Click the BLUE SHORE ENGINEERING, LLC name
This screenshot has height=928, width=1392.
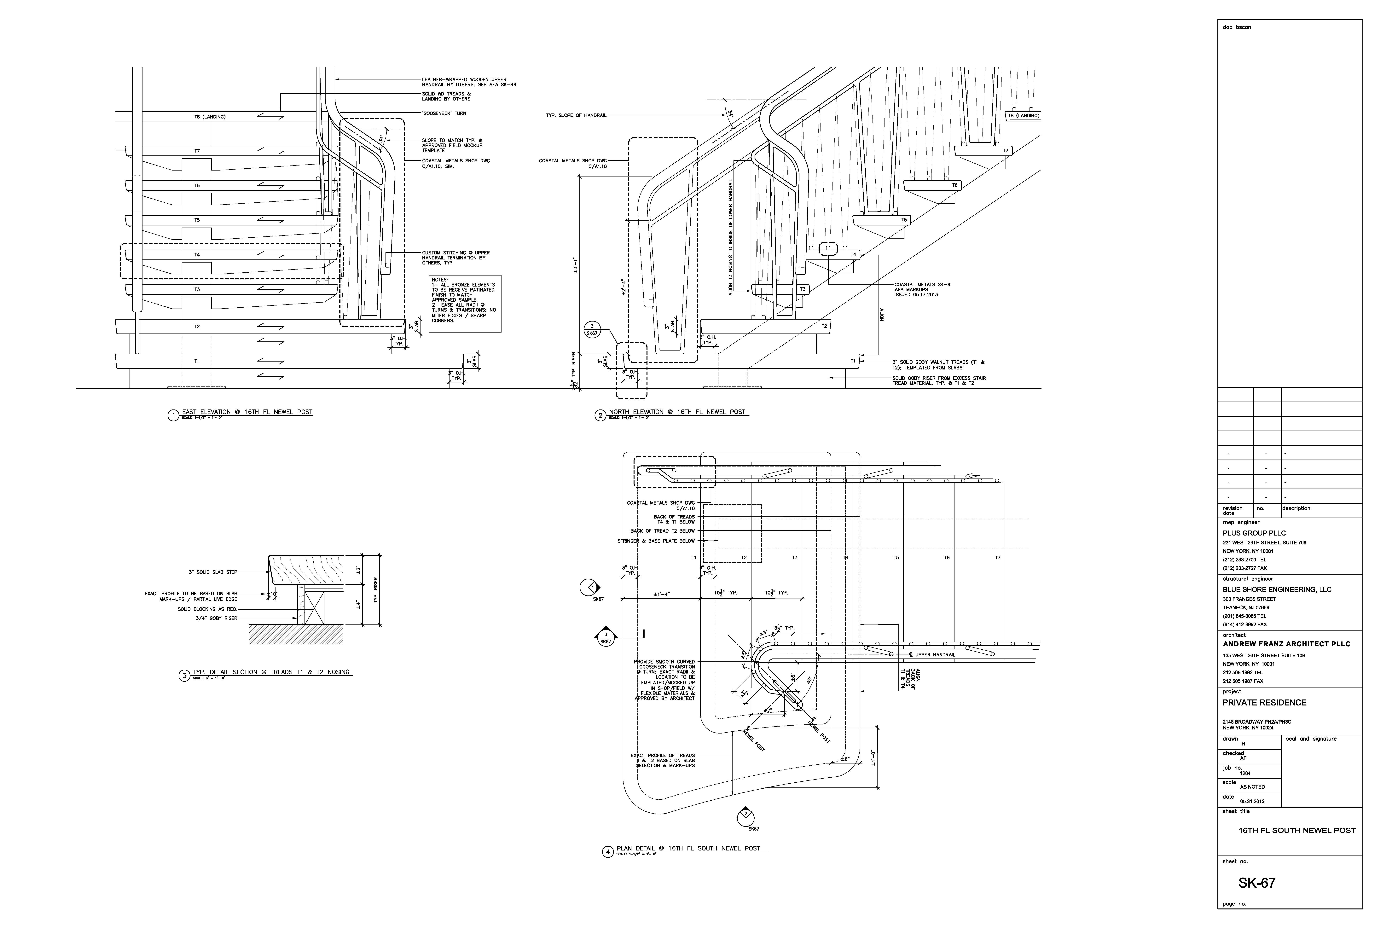coord(1277,589)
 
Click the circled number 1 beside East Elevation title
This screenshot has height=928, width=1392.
coord(173,415)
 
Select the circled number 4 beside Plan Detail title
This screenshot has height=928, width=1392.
coord(607,852)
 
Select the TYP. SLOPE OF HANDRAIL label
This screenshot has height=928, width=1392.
coord(576,115)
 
